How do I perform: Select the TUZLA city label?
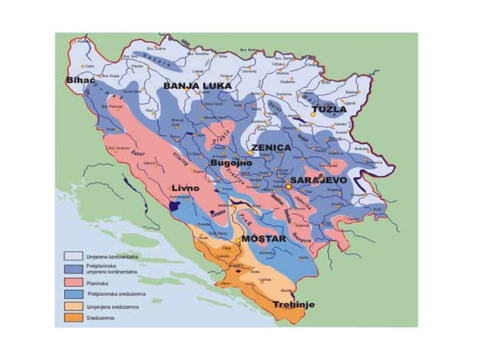point(329,109)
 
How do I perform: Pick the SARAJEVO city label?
point(319,182)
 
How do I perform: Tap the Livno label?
point(183,188)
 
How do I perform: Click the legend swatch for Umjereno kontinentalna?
point(72,257)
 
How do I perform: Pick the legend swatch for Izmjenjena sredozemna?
point(72,308)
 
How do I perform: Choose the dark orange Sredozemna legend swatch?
point(72,320)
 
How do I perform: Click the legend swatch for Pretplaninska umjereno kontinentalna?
point(72,269)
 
